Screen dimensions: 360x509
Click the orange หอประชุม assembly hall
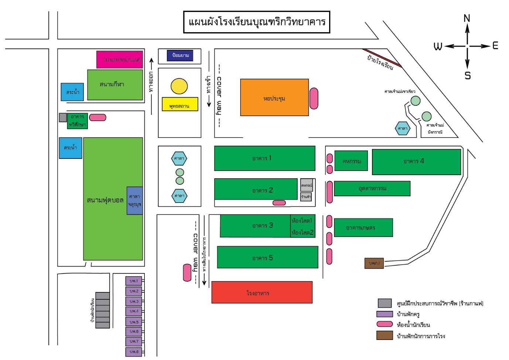point(274,97)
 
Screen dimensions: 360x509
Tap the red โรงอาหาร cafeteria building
point(262,292)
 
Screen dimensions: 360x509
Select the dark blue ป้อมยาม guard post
point(180,55)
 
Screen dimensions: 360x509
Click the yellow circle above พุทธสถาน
point(179,86)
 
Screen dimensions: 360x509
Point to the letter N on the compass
point(467,18)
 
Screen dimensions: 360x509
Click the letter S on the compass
point(468,75)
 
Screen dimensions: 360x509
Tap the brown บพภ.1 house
point(374,263)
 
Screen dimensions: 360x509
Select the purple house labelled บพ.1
point(133,281)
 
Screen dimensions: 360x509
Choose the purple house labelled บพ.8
point(133,351)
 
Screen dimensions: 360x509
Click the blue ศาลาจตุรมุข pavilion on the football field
point(134,200)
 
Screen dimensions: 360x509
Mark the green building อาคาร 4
point(416,162)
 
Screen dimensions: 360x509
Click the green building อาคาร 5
point(267,257)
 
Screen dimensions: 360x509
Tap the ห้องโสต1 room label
point(302,221)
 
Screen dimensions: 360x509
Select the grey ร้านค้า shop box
point(306,197)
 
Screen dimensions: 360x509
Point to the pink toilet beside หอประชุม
point(314,98)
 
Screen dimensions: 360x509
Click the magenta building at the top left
point(119,60)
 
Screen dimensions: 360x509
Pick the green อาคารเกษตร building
point(363,227)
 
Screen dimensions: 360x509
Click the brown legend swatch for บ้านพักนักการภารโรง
point(385,335)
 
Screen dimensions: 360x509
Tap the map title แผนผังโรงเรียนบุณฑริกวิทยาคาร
point(257,22)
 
